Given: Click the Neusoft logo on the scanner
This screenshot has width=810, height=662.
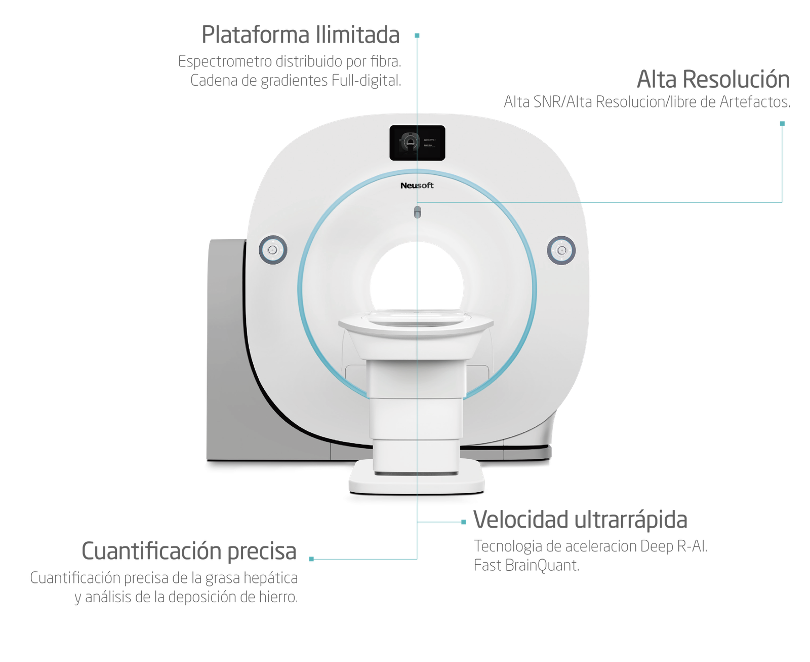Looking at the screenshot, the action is point(417,186).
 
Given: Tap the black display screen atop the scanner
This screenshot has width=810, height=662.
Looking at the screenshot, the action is point(417,143).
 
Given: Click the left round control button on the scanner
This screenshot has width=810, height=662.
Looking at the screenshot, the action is point(273,250).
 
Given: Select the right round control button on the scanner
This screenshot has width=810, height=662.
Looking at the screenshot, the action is point(561,250).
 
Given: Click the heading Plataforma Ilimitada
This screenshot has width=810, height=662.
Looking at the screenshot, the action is point(301,34).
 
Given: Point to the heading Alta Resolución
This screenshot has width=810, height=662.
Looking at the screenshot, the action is point(713,79).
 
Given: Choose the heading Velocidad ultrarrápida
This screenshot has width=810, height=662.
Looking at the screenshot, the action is point(580,520).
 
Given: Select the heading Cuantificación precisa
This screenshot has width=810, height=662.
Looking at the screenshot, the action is point(189,551).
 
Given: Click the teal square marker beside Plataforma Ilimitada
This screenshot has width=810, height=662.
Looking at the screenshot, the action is point(417,36).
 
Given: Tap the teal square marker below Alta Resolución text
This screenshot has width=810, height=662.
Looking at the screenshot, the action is point(782,124).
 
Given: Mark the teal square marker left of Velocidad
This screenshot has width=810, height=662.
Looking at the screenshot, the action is point(464,522).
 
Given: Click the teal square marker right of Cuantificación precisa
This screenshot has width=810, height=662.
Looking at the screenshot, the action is point(311,559).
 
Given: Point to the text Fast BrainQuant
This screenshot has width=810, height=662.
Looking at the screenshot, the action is point(526,566).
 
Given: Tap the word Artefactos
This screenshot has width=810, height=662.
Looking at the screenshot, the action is point(755,102).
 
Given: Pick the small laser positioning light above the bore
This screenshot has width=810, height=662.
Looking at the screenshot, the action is point(417,212).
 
